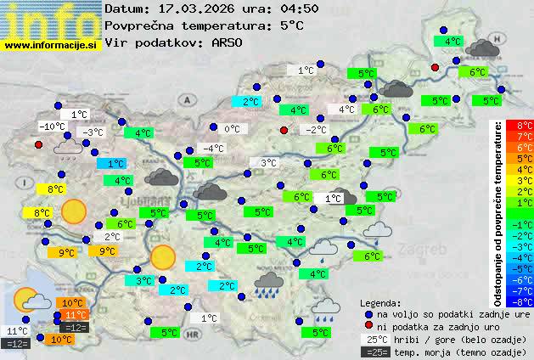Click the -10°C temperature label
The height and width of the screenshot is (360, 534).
point(53,127)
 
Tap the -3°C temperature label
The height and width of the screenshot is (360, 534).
point(91,132)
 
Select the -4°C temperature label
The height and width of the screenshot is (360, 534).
point(212,149)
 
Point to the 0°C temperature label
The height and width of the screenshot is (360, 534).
point(232,129)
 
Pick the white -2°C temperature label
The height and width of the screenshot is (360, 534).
point(316,130)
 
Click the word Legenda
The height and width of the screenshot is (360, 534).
point(380,302)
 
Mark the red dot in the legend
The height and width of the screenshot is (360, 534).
point(368,326)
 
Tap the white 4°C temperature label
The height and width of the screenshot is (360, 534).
point(347,110)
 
